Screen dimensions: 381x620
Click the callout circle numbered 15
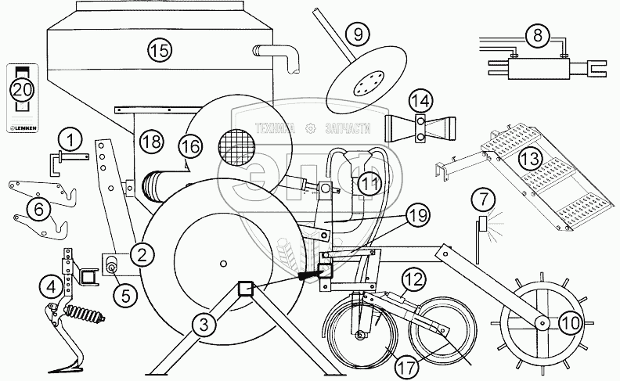click(x=159, y=52)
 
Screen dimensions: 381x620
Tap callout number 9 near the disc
click(x=357, y=34)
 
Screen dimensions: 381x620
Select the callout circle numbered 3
click(x=203, y=322)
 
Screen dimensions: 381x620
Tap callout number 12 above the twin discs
click(x=414, y=278)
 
